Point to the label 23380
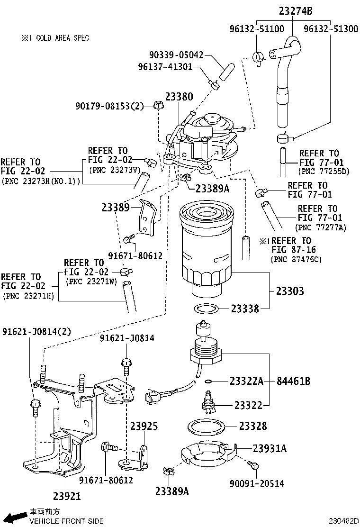[179, 97]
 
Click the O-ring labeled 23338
[207, 309]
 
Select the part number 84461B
[294, 381]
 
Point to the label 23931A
[270, 448]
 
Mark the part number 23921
[67, 496]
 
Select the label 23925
[144, 426]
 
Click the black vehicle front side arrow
[18, 516]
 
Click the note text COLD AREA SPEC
[62, 38]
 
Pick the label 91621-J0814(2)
[36, 331]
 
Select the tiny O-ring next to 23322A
[209, 381]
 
